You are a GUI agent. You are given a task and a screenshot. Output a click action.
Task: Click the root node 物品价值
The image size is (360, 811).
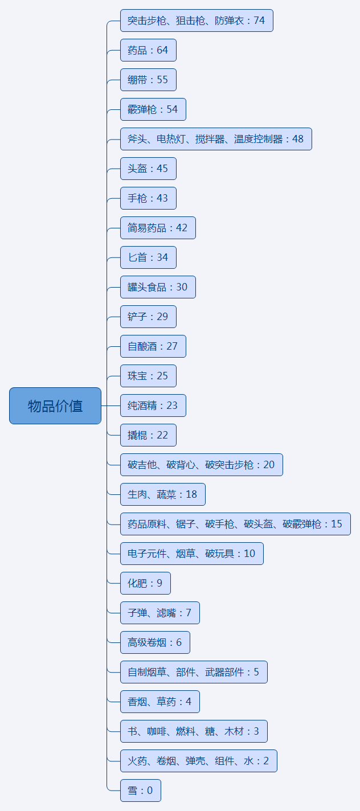click(x=55, y=406)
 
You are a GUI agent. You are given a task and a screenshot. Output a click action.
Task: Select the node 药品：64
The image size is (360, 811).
click(x=148, y=50)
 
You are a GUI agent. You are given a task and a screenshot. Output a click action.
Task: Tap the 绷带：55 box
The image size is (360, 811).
click(x=148, y=80)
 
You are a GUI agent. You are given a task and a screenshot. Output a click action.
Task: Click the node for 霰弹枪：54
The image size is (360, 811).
click(x=153, y=109)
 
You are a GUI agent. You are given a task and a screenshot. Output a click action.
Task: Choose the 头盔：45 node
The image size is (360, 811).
click(x=148, y=169)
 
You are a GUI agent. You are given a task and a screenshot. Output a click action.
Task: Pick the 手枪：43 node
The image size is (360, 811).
click(x=148, y=198)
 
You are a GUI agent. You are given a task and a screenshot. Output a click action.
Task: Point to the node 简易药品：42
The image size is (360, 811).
click(x=158, y=228)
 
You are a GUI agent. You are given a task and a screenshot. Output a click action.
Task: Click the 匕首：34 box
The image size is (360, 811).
click(x=148, y=257)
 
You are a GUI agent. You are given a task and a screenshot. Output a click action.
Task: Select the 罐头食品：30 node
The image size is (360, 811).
click(x=158, y=287)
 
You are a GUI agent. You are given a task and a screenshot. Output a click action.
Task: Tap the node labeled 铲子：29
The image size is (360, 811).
click(x=148, y=317)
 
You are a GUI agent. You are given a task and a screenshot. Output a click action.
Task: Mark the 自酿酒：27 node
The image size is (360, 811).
click(x=153, y=346)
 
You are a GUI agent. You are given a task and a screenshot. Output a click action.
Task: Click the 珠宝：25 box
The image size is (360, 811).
click(x=148, y=376)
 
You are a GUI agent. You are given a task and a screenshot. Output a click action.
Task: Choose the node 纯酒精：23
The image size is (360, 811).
click(x=153, y=406)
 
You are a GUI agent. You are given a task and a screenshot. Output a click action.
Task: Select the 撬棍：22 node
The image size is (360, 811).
click(x=148, y=435)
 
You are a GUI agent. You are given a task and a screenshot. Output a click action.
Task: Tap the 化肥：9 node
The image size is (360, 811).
click(x=145, y=583)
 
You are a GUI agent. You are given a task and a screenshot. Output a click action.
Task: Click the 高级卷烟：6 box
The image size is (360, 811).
click(x=155, y=642)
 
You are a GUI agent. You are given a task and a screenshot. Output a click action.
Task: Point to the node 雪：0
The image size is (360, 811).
click(x=141, y=790)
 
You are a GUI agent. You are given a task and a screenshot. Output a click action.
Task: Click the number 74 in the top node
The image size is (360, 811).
click(x=259, y=21)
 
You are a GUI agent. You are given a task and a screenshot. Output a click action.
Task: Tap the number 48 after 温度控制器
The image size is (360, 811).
click(x=298, y=139)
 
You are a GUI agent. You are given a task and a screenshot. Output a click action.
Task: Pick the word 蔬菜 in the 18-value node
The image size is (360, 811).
click(x=166, y=494)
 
